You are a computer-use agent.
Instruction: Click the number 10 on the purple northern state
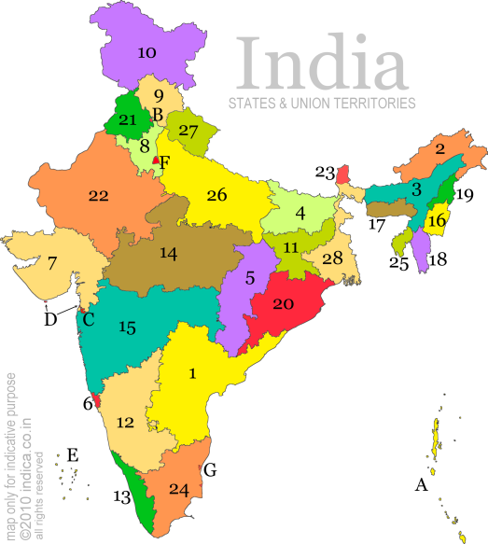[146, 53]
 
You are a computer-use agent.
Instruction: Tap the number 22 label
[98, 195]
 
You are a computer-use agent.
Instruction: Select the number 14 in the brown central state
[168, 254]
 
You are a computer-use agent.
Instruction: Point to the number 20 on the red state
[284, 303]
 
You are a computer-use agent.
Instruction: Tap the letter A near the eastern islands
[421, 485]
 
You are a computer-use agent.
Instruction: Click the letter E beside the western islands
[73, 455]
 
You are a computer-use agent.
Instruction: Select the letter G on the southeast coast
[209, 470]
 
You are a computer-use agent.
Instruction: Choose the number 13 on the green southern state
[121, 497]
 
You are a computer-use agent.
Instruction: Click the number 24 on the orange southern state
[179, 489]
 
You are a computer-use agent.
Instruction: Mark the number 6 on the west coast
[88, 403]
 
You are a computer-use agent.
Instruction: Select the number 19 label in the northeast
[466, 195]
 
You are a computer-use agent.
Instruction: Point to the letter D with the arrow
[49, 320]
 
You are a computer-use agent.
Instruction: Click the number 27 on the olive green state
[188, 132]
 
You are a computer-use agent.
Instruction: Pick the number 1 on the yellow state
[193, 373]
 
